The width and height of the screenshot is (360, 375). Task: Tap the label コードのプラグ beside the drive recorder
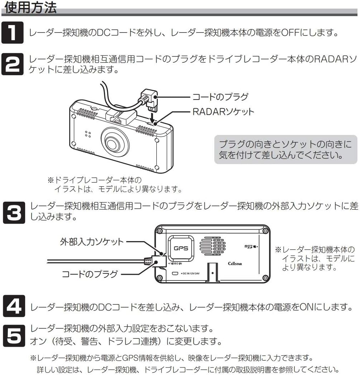pos(220,96)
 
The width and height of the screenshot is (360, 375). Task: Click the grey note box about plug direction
pos(285,150)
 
